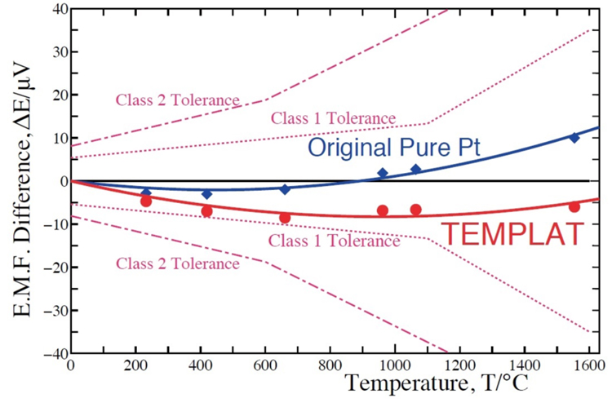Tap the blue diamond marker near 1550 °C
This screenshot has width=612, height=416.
[574, 138]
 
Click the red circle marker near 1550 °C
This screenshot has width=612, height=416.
[574, 207]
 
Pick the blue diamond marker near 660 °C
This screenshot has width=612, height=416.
[285, 189]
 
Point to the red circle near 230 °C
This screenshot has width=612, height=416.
[146, 201]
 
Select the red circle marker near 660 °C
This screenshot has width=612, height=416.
[285, 218]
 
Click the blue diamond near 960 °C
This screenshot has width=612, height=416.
[383, 173]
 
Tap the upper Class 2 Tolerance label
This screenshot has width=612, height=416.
[177, 100]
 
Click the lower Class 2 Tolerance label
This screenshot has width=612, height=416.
[177, 263]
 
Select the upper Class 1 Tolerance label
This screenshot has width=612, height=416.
[333, 118]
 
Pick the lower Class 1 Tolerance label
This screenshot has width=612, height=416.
[335, 241]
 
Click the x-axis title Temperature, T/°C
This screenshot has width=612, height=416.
[436, 383]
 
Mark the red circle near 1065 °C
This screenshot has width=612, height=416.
[416, 210]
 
